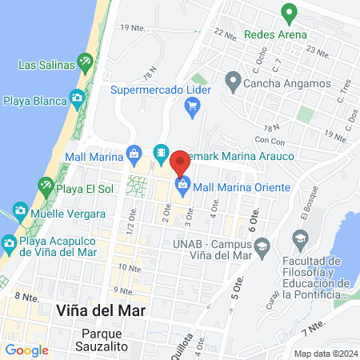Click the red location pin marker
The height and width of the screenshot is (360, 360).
[x=180, y=161]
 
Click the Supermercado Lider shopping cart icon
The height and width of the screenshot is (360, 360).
[x=191, y=111]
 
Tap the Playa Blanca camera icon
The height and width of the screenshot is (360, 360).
[x=77, y=98]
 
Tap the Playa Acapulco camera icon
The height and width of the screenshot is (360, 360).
[x=9, y=242]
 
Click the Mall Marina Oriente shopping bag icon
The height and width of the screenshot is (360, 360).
[x=182, y=186]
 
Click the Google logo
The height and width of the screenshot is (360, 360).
[x=26, y=350]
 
